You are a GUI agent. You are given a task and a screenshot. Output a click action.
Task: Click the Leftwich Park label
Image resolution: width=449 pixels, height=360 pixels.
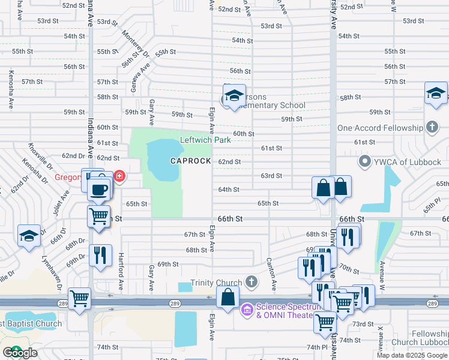click(206, 140)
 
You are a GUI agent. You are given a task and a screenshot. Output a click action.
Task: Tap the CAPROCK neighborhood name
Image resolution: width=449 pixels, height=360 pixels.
click(190, 161)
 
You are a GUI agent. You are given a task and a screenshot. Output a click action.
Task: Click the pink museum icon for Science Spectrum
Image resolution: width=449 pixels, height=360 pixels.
click(246, 310)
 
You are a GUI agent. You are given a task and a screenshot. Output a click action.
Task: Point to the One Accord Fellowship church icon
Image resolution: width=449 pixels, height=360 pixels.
click(432, 127)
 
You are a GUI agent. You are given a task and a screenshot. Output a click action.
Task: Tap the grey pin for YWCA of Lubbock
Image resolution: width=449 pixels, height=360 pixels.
click(364, 161)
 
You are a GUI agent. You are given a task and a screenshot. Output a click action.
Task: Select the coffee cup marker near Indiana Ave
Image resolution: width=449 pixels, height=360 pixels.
click(100, 190)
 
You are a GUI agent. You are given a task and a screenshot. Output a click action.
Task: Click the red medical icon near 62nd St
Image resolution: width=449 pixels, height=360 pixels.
click(119, 176)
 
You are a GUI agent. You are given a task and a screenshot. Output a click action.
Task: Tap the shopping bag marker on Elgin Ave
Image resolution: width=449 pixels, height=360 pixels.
click(228, 297)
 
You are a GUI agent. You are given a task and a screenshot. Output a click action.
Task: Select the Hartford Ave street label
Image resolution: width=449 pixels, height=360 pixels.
click(121, 274)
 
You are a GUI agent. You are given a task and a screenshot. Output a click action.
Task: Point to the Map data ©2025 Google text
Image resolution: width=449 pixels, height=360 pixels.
click(412, 355)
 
